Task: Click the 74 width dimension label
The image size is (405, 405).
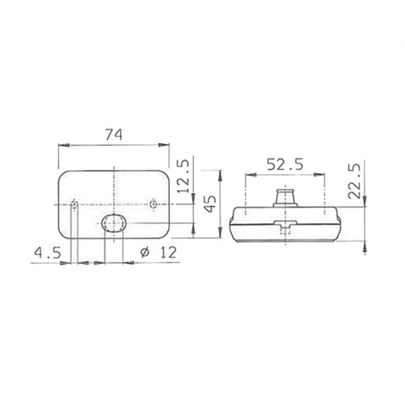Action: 114,135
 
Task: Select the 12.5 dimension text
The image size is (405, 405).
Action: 184,176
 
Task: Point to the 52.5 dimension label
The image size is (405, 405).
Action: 285,165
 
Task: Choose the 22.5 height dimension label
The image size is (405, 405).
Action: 354,181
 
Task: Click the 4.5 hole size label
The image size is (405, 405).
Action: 48,253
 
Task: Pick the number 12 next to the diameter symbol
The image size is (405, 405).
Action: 168,253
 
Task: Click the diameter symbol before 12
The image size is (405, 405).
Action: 145,253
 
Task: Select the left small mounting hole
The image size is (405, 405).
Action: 75,204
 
